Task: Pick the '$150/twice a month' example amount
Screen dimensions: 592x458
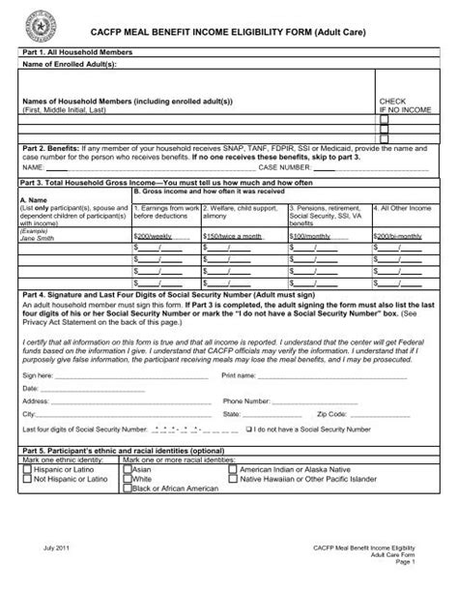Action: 231,234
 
